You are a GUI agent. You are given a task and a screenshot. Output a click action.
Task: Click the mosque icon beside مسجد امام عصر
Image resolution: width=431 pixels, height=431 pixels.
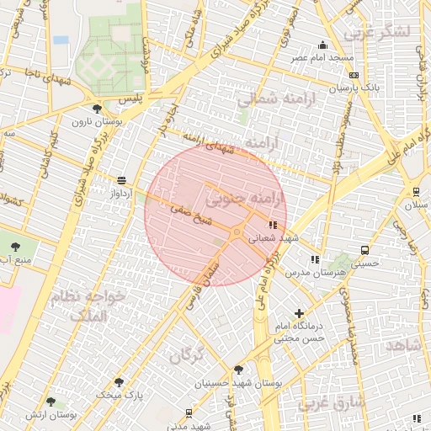coord(322,45)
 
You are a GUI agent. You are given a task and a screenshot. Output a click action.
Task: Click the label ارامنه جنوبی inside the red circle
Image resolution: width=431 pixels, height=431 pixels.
coord(245,200)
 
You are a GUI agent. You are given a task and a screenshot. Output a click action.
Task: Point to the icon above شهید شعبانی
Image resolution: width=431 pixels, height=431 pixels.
coord(272,226)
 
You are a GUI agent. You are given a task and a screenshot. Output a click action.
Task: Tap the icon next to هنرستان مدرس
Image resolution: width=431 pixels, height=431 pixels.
coord(315,259)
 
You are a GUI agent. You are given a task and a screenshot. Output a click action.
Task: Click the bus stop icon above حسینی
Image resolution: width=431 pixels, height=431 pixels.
coord(364,250)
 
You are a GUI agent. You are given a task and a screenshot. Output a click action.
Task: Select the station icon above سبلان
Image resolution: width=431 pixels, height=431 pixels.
coord(416,191)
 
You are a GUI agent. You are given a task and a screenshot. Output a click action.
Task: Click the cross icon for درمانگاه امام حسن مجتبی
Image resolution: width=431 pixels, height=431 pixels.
coord(299,314)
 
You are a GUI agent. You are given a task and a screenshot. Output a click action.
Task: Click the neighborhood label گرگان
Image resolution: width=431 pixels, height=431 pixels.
coord(187,356)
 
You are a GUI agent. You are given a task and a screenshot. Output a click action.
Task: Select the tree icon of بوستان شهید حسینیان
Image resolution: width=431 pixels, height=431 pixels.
coord(238,370)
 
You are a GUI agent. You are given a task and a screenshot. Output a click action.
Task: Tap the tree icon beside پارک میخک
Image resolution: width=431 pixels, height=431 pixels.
coord(119,382)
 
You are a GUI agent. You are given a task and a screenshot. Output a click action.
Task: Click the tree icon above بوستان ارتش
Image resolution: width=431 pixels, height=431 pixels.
coord(51,402)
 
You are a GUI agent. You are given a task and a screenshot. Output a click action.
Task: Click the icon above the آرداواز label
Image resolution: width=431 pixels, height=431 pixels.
coord(122,180)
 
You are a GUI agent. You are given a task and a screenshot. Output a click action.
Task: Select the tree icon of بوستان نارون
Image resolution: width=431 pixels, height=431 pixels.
coord(98,109)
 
